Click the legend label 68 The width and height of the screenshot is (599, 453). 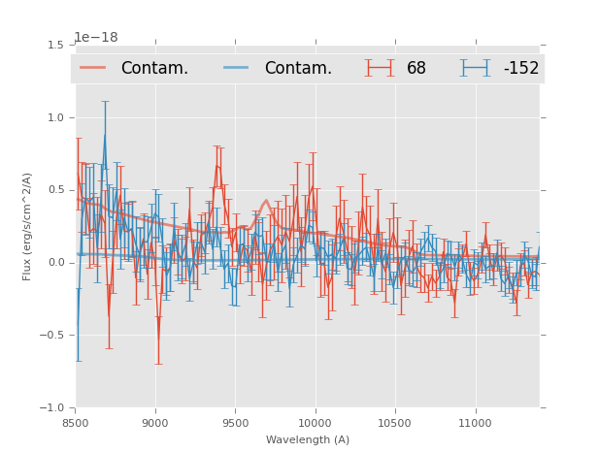[416, 68]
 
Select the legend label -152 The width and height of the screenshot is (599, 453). [520, 68]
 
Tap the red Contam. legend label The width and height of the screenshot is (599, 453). [154, 68]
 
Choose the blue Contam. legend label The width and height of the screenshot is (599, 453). [298, 68]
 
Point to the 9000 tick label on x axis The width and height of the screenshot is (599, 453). [155, 424]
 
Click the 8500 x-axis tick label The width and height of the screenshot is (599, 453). [76, 424]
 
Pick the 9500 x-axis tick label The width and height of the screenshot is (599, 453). [235, 424]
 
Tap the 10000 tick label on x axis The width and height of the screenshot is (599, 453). [315, 424]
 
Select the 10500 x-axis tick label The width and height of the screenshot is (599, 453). [394, 424]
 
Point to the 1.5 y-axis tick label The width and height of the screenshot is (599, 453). [55, 45]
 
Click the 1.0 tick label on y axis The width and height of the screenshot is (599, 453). [55, 117]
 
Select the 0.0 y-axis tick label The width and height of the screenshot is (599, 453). [55, 263]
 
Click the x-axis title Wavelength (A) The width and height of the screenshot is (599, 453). [308, 439]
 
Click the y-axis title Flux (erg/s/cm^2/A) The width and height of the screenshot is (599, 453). [28, 226]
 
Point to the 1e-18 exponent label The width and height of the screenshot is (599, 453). [96, 38]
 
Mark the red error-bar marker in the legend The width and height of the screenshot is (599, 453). [380, 68]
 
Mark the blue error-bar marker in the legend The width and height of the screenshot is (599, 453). [476, 68]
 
